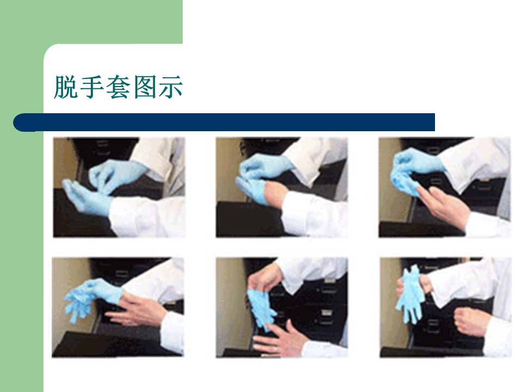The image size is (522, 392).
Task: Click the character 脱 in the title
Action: (66, 87)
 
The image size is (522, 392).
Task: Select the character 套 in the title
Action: (118, 87)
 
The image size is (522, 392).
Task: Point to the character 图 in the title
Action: (144, 87)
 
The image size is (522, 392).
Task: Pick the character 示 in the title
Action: (170, 87)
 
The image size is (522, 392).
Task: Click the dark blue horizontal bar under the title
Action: (224, 122)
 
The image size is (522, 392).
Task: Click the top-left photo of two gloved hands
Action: (119, 187)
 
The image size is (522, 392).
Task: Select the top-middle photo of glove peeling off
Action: (282, 187)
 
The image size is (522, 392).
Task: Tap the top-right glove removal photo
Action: (444, 187)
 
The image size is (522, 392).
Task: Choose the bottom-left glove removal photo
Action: (117, 307)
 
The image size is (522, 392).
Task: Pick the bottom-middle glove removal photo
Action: (282, 307)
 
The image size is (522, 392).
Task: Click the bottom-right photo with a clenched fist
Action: (445, 307)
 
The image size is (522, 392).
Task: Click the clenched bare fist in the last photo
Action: (469, 321)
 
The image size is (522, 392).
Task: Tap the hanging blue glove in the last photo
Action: (410, 295)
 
